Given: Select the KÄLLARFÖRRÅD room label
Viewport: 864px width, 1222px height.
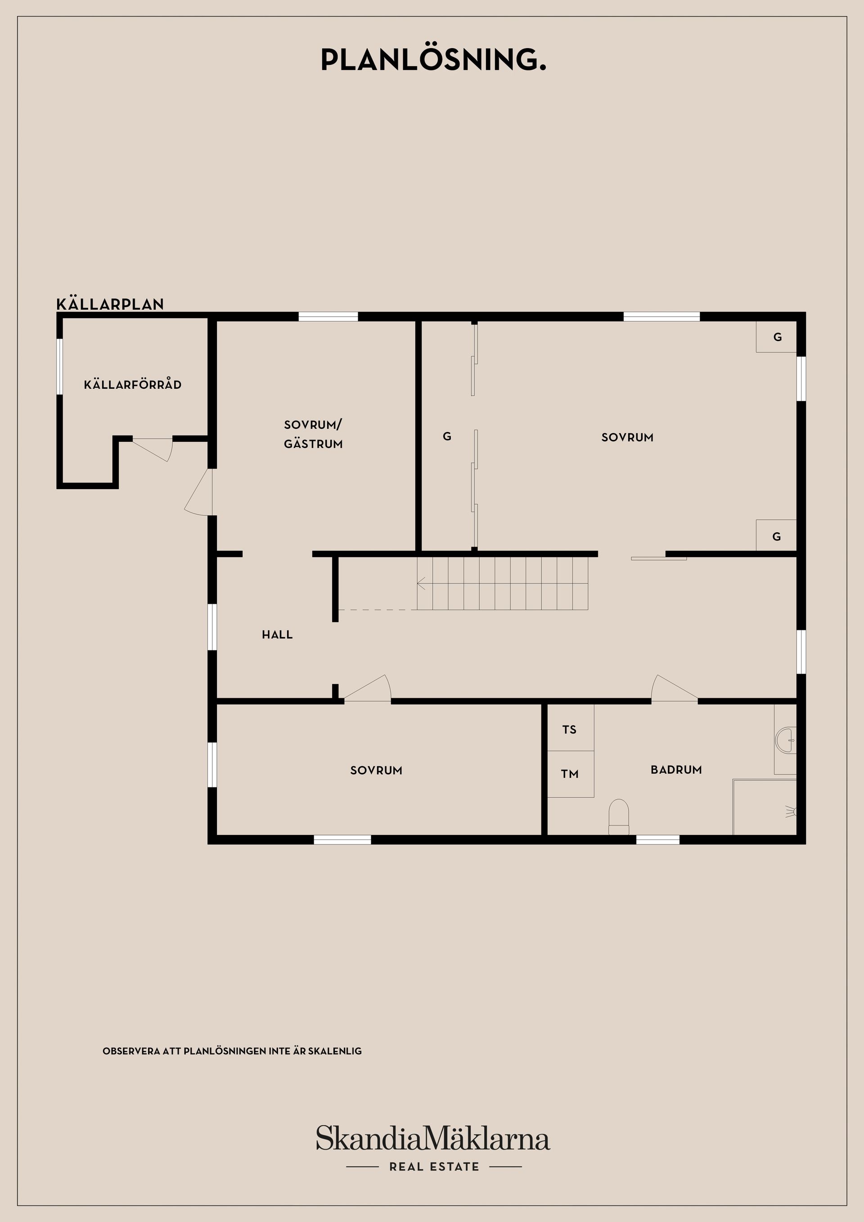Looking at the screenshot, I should [133, 384].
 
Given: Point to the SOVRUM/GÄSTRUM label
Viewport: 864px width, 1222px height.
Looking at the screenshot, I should [313, 434].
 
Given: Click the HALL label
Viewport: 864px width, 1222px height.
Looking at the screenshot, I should [277, 634].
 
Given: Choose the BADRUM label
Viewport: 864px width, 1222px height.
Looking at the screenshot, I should [676, 770].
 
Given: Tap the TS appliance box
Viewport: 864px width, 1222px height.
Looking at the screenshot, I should [570, 730].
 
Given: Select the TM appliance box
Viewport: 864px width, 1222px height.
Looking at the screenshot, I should [570, 774].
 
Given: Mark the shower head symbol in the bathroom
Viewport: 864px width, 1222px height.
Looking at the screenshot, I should [792, 812].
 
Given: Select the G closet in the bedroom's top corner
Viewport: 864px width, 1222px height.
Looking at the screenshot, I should [777, 337].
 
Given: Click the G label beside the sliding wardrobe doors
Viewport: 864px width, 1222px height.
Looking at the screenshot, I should [447, 436].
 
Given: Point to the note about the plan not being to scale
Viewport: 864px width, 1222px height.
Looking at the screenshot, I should [232, 1051].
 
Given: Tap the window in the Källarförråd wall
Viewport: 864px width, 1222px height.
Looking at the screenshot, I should [59, 366].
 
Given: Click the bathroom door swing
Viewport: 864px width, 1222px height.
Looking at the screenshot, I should [673, 689].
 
